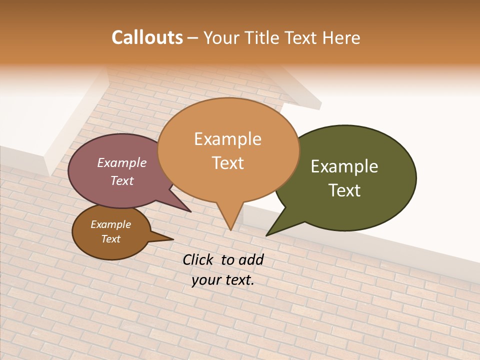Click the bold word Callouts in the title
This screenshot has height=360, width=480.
(x=147, y=37)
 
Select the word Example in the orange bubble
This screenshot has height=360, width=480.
(x=227, y=139)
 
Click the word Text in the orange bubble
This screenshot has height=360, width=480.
(x=227, y=162)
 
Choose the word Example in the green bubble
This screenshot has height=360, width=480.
(x=344, y=166)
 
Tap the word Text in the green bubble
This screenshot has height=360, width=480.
(x=344, y=190)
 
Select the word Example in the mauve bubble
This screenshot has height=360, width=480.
(x=121, y=162)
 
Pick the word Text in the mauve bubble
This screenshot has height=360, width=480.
(x=122, y=180)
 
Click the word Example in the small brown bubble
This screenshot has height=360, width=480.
(x=110, y=224)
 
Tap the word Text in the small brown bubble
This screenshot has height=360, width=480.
(x=110, y=239)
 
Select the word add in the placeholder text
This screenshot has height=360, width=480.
(x=251, y=259)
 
